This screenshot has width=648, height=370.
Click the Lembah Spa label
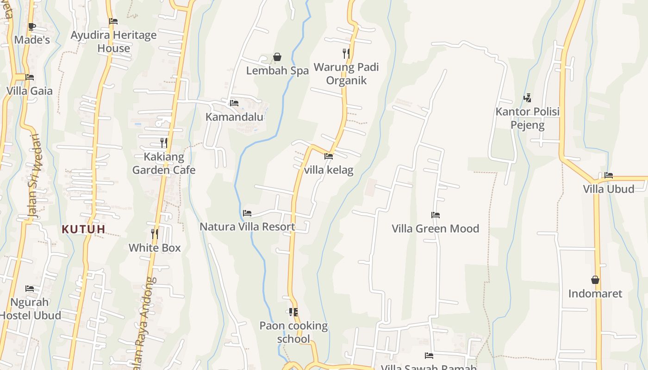277,71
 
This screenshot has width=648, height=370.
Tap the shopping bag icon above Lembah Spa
277,57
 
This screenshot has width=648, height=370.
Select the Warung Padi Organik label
346,74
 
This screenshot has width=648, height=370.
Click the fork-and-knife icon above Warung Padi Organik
346,53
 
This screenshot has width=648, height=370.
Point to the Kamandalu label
234,117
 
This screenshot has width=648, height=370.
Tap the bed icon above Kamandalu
234,103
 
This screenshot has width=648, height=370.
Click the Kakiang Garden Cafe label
164,163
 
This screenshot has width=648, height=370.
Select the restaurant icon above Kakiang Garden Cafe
164,142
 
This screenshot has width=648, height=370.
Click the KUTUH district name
84,229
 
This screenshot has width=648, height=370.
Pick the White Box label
155,248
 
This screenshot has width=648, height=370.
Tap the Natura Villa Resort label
247,227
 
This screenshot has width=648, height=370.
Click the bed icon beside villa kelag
329,156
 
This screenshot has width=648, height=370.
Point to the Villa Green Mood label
435,228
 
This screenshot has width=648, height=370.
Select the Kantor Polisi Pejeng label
528,118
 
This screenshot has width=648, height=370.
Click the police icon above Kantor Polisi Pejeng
527,98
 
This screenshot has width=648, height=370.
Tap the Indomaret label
595,294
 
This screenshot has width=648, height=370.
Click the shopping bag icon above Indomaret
595,280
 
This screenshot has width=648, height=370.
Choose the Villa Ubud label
608,189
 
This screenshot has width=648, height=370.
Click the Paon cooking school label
293,332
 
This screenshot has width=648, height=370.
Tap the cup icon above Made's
32,26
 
